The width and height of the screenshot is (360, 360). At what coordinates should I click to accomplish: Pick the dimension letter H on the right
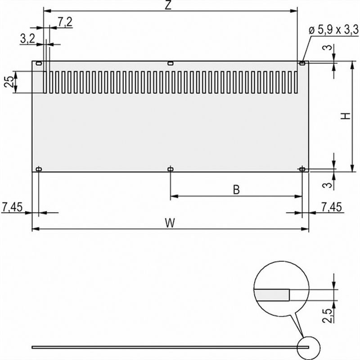(345, 116)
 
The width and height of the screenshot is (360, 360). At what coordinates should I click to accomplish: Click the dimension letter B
(236, 190)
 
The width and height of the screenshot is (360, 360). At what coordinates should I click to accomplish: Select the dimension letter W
(169, 222)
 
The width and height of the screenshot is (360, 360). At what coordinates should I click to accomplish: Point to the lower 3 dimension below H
(330, 184)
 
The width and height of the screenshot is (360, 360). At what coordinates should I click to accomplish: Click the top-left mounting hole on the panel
(39, 63)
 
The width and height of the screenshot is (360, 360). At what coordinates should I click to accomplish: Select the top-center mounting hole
(170, 63)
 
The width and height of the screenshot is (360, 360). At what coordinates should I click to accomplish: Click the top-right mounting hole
(302, 63)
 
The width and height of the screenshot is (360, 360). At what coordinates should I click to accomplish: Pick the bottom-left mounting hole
(39, 169)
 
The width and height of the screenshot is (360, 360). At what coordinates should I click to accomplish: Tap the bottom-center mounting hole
(170, 169)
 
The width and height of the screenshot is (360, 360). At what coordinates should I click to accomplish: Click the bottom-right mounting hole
(302, 169)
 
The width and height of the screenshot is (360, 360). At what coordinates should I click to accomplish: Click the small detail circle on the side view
(309, 347)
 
